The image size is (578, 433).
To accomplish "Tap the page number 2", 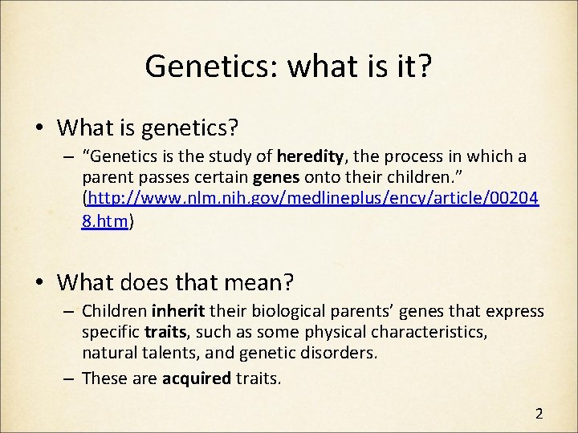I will [539, 414].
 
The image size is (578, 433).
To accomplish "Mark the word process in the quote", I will [429, 156].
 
